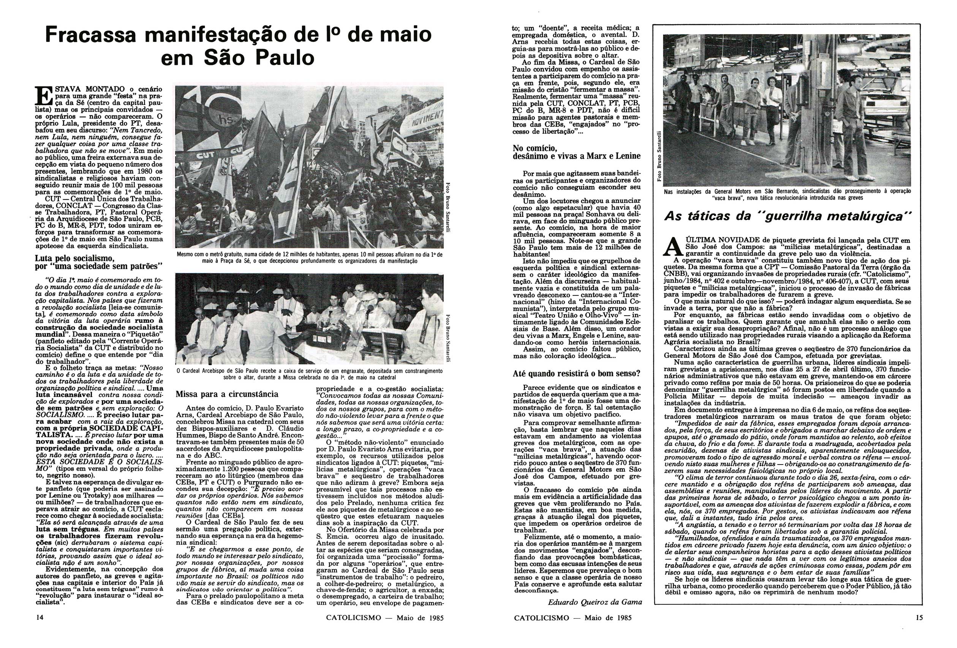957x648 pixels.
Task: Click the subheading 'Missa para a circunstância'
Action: pos(227,394)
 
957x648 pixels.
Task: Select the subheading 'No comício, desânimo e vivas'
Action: pos(576,152)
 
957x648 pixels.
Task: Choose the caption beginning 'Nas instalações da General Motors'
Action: pos(787,194)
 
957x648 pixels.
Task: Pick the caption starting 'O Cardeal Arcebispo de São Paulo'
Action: pos(309,374)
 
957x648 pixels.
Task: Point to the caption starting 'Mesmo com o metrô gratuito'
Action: pos(309,258)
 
